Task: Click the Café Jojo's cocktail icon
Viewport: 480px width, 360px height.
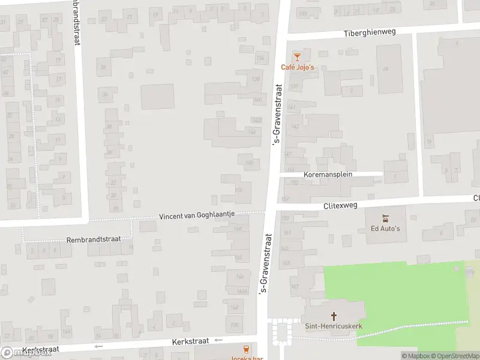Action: (296, 56)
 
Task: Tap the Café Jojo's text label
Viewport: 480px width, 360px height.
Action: (298, 67)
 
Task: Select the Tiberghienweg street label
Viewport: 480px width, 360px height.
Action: (370, 32)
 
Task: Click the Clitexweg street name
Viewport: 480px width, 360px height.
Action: (340, 205)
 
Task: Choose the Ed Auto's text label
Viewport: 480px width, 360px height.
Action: (385, 228)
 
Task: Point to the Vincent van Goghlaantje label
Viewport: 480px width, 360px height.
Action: (197, 215)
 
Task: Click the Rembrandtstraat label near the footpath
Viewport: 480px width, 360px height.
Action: (94, 239)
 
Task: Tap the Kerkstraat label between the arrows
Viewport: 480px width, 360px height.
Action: (189, 341)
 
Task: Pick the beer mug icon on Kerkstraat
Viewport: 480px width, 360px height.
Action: (245, 349)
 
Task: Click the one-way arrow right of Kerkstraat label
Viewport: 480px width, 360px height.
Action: (218, 340)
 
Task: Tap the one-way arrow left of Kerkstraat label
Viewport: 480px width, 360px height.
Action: (98, 346)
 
